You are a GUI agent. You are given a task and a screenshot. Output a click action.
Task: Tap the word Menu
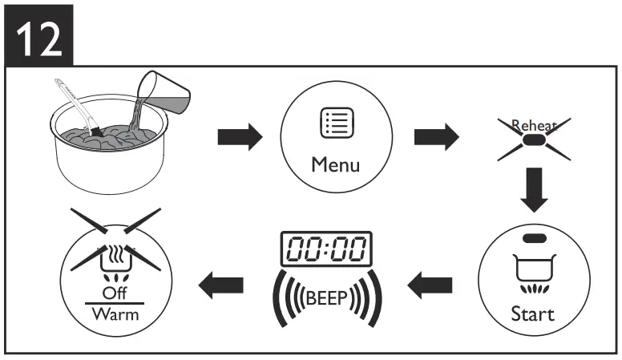click(x=336, y=167)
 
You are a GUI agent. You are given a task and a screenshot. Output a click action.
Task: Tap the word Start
click(x=532, y=312)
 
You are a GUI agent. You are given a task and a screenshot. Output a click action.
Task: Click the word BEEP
click(x=325, y=300)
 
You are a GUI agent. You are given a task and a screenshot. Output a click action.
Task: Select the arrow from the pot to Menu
click(x=240, y=137)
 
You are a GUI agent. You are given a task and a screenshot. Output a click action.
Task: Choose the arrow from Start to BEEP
click(x=430, y=282)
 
